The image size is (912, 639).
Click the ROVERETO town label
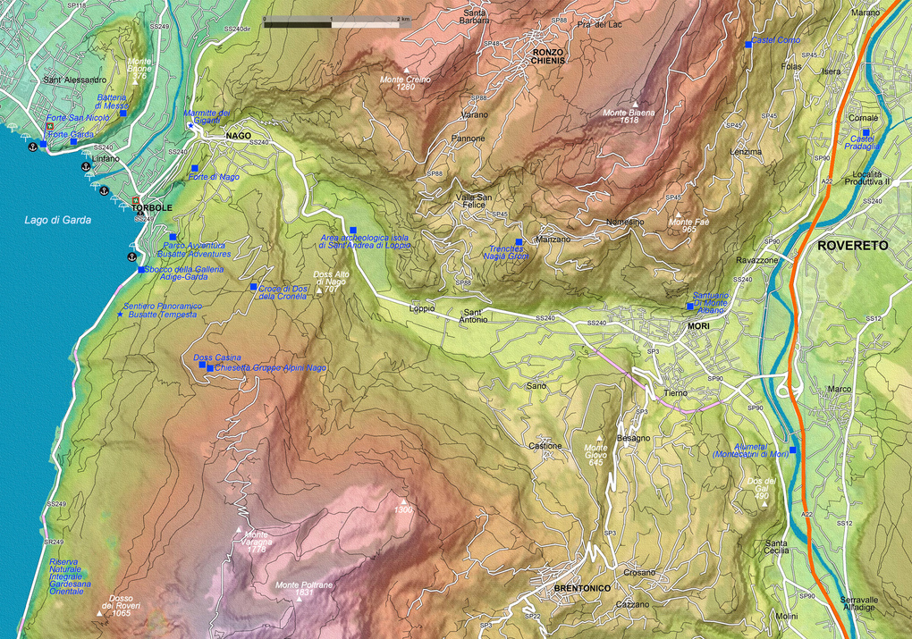click(852, 245)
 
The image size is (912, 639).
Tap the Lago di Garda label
click(57, 220)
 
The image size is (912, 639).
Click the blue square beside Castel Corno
click(748, 44)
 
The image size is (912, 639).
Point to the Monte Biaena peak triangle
click(635, 104)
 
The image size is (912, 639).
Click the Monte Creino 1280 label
click(405, 83)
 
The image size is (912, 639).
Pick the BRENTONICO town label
click(582, 589)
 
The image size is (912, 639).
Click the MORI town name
click(698, 328)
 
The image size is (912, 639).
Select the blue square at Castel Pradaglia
click(866, 132)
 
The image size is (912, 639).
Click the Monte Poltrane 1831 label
click(304, 588)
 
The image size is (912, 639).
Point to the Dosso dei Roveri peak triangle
click(99, 613)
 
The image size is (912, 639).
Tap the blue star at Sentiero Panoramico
click(121, 315)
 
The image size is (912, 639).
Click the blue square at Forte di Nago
click(194, 168)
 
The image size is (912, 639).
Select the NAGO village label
click(238, 135)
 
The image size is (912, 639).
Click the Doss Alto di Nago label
click(329, 280)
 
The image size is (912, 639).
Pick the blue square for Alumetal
click(792, 450)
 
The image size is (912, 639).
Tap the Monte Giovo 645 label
click(596, 454)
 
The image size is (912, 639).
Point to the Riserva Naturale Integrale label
click(70, 577)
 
